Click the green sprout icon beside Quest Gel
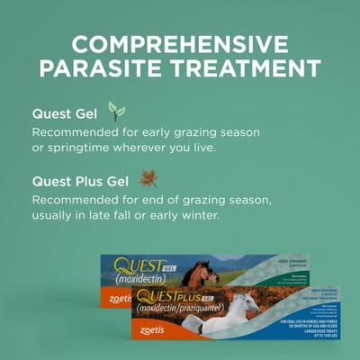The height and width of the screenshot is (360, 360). pyautogui.click(x=116, y=112)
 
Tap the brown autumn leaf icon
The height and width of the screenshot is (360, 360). pyautogui.click(x=148, y=178)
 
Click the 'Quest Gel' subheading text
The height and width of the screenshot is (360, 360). pyautogui.click(x=65, y=114)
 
